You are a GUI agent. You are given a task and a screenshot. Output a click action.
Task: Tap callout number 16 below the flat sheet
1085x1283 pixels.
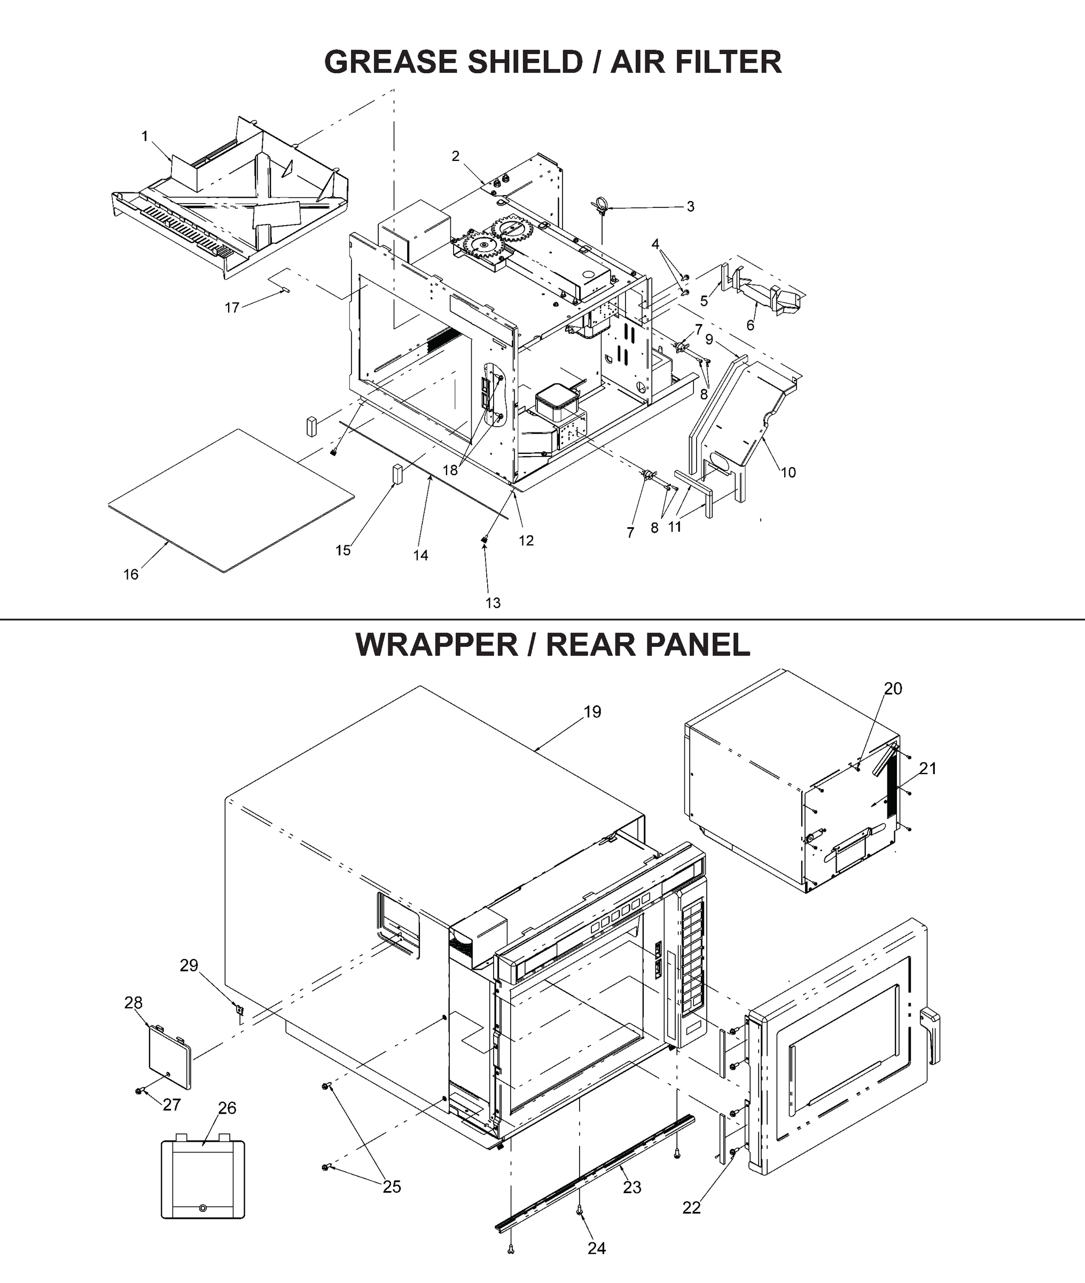tap(130, 575)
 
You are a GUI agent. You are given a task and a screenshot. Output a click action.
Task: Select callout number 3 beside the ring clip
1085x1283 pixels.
tap(690, 207)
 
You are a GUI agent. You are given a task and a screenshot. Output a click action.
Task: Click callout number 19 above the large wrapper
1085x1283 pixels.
tap(592, 712)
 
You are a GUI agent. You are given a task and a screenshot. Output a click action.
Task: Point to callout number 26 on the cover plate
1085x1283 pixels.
tap(227, 1108)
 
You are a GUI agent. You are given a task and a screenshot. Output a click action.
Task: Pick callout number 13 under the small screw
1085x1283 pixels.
tap(493, 603)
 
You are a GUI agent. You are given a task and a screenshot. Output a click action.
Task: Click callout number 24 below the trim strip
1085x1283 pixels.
tap(596, 1248)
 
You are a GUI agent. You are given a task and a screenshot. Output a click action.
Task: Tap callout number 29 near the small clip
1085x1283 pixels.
tap(189, 965)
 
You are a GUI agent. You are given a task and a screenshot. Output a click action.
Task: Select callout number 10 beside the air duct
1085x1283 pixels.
tap(788, 473)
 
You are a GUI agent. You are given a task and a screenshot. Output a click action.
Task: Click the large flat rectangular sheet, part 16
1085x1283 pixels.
tap(231, 500)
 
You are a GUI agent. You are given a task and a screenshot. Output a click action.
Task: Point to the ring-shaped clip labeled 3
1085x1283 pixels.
tap(601, 207)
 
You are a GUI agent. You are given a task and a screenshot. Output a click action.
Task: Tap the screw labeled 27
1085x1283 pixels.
tap(139, 1091)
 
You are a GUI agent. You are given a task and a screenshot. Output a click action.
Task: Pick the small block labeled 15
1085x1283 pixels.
tap(397, 475)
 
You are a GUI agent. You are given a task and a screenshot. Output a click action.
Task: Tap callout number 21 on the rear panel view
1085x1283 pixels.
tap(927, 769)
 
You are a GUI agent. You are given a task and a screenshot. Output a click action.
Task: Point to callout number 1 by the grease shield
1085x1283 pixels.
tap(145, 136)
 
